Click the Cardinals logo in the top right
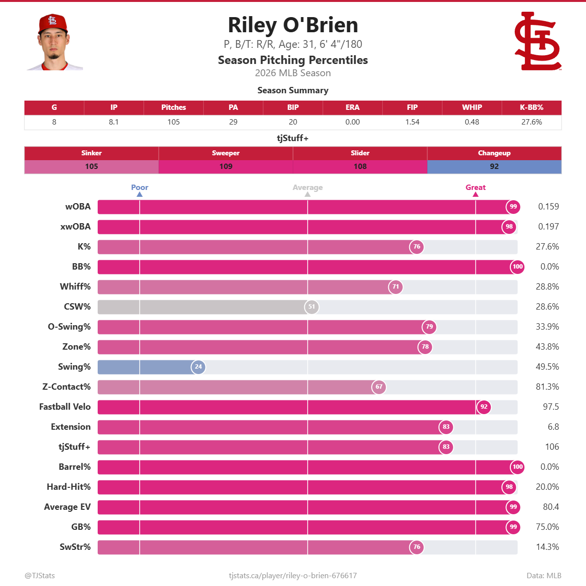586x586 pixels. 538,42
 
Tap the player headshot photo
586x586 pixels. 54,42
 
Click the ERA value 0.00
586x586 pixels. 353,122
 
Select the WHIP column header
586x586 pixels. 472,107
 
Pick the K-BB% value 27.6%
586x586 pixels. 531,122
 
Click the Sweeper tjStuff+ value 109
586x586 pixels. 226,167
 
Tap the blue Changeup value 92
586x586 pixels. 494,167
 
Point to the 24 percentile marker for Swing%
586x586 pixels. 198,367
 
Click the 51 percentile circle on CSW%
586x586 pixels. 312,307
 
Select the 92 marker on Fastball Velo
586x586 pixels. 484,407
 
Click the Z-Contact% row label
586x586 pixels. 66,387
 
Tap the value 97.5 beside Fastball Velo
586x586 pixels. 551,407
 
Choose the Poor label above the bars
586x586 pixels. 140,188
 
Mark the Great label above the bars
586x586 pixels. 476,188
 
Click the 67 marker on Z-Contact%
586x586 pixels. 379,387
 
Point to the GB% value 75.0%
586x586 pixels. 547,527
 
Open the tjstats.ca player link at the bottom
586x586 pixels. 293,576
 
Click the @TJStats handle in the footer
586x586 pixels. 40,576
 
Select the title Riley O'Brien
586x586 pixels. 293,25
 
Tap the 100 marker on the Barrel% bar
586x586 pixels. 518,467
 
